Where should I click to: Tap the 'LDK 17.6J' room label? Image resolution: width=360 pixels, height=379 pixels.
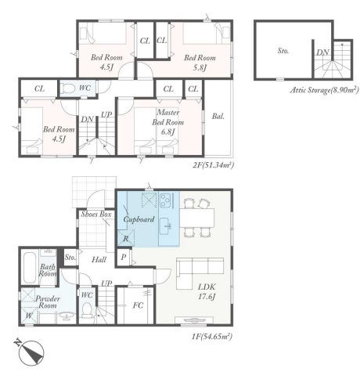coord(207,291)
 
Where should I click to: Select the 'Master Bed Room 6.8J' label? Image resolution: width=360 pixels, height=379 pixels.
coord(168,122)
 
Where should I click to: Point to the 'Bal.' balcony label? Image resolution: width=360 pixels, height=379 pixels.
coord(218,116)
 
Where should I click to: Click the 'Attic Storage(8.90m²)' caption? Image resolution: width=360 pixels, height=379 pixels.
coord(325,90)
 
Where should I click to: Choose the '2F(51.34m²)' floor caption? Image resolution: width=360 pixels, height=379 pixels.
coord(213,165)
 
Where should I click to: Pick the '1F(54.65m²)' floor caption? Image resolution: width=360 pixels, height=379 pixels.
coord(212,336)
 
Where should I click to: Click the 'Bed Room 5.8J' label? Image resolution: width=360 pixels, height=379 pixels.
coord(200,63)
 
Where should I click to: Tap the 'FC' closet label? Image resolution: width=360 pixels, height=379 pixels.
coord(138,305)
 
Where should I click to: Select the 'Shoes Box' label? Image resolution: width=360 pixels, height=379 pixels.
coord(96,215)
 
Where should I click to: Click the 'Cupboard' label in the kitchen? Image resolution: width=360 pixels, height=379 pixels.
coord(139,219)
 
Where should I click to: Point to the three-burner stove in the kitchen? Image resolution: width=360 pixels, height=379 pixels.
coord(165,200)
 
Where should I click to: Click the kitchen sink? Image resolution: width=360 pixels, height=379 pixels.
coord(165,226)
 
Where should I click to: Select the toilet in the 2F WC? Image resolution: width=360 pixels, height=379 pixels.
coord(68,88)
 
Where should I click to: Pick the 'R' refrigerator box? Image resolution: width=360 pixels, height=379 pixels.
coord(126,238)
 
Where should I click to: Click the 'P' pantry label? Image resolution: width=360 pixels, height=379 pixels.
coord(124,257)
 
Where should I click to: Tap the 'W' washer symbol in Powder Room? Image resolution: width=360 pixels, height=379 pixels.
coord(29,316)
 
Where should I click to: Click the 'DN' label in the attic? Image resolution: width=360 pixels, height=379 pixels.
coord(322,52)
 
